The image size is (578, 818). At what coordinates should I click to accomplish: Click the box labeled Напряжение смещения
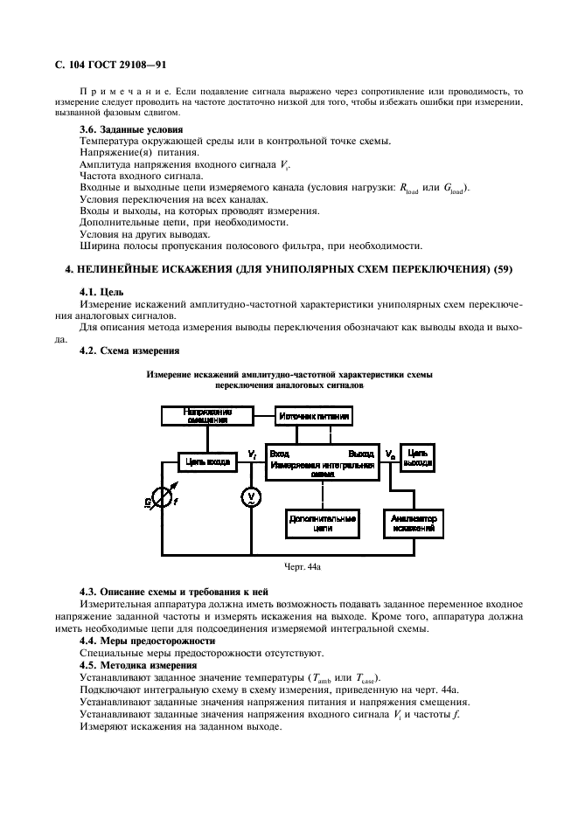[x=207, y=415]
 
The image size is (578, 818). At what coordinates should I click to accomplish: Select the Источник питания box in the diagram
[x=315, y=417]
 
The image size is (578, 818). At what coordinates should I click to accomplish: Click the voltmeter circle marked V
[x=250, y=497]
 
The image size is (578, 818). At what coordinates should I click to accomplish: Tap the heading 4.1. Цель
[x=101, y=291]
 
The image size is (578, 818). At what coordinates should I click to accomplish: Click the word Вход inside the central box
[x=280, y=454]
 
